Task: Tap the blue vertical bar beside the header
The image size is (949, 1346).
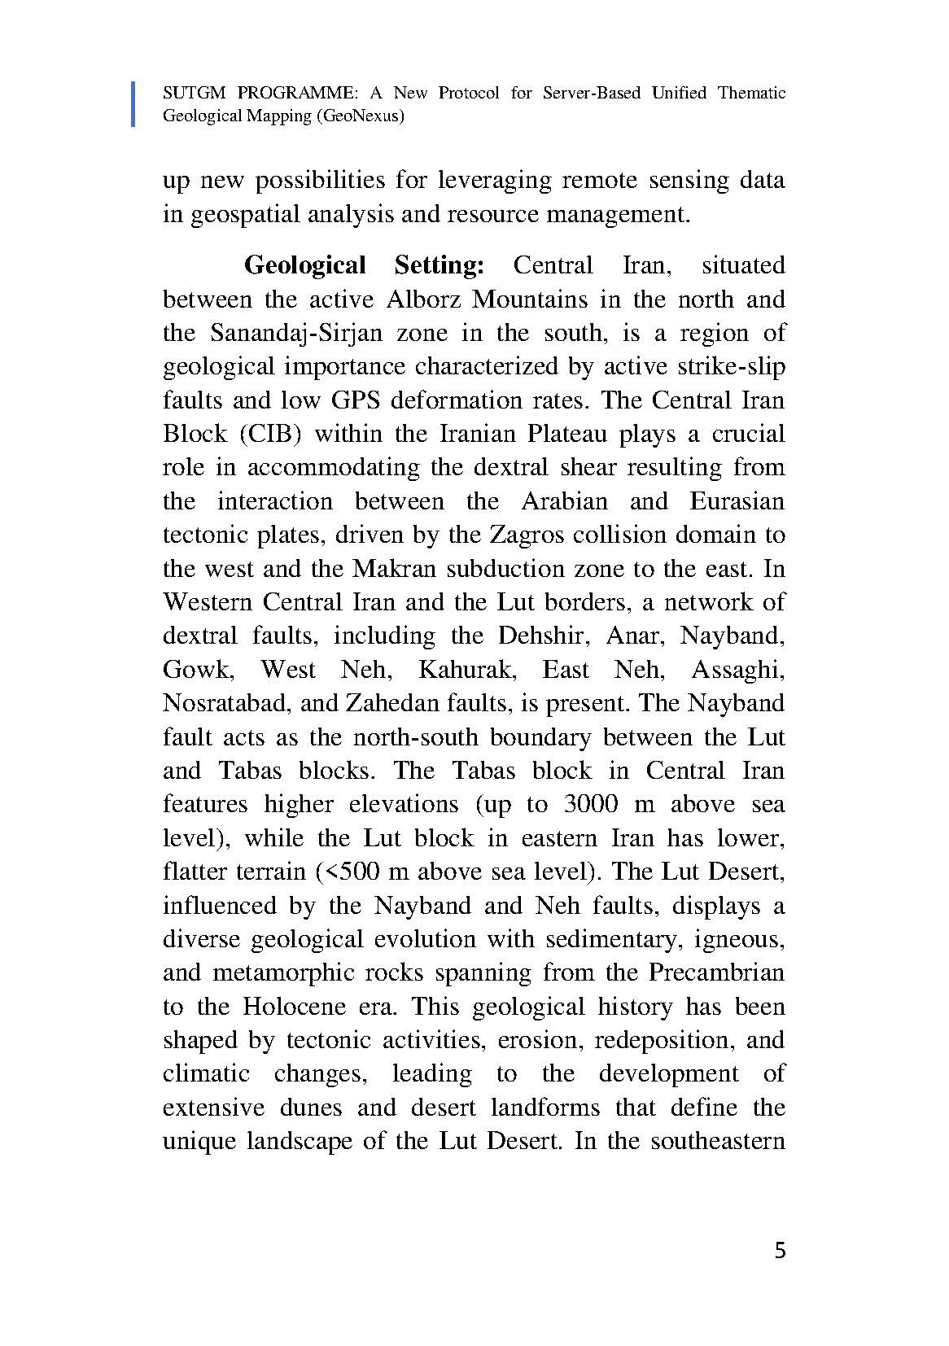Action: [133, 104]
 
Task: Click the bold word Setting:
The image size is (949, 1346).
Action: [440, 265]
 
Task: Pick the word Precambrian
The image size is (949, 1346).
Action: [716, 972]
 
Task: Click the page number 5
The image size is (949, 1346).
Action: [780, 1251]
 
